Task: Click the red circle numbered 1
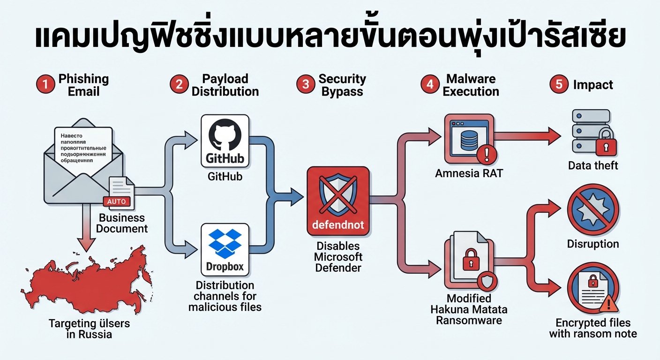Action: coord(45,85)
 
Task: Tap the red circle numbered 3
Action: coord(306,85)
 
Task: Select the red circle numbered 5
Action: coord(559,85)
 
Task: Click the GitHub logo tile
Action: coord(225,141)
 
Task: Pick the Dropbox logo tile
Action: coord(225,249)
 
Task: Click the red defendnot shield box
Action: coord(338,200)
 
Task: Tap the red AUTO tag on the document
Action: coord(116,202)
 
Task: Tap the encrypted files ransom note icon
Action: coord(593,291)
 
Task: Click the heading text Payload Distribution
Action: coord(225,85)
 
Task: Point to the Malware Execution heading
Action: coord(471,85)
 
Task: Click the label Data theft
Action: coord(593,165)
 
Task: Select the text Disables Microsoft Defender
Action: coord(338,257)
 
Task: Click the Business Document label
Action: coord(122,223)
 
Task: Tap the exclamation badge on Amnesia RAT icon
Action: coord(486,153)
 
